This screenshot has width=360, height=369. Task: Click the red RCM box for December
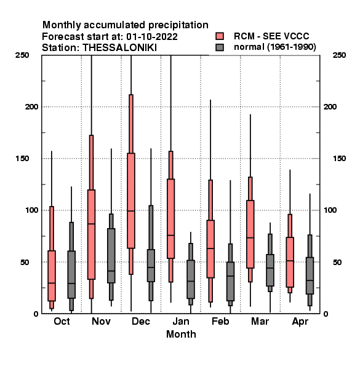click(x=131, y=200)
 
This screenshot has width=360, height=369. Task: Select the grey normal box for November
click(x=111, y=256)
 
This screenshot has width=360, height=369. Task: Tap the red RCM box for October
click(x=52, y=276)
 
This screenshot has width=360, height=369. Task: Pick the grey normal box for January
click(x=191, y=279)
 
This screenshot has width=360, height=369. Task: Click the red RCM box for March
click(x=250, y=234)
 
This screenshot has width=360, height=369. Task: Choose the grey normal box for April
click(x=310, y=276)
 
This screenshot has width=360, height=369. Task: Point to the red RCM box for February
click(x=210, y=249)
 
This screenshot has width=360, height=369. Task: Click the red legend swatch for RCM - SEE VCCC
click(x=220, y=36)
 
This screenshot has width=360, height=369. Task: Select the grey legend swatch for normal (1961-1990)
click(x=220, y=47)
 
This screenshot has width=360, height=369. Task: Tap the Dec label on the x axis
click(x=141, y=322)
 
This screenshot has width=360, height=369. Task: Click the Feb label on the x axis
click(x=220, y=322)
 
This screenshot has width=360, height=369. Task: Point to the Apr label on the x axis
click(x=300, y=322)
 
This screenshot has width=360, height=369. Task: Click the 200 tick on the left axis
click(x=31, y=107)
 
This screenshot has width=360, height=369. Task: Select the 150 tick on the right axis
click(x=339, y=159)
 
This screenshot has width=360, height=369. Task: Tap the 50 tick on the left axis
click(x=25, y=262)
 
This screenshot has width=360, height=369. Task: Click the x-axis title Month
click(x=181, y=335)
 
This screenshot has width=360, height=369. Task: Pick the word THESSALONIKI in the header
click(x=119, y=48)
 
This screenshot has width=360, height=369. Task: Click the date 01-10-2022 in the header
click(x=152, y=37)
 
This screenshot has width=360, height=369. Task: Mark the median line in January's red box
click(x=170, y=235)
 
